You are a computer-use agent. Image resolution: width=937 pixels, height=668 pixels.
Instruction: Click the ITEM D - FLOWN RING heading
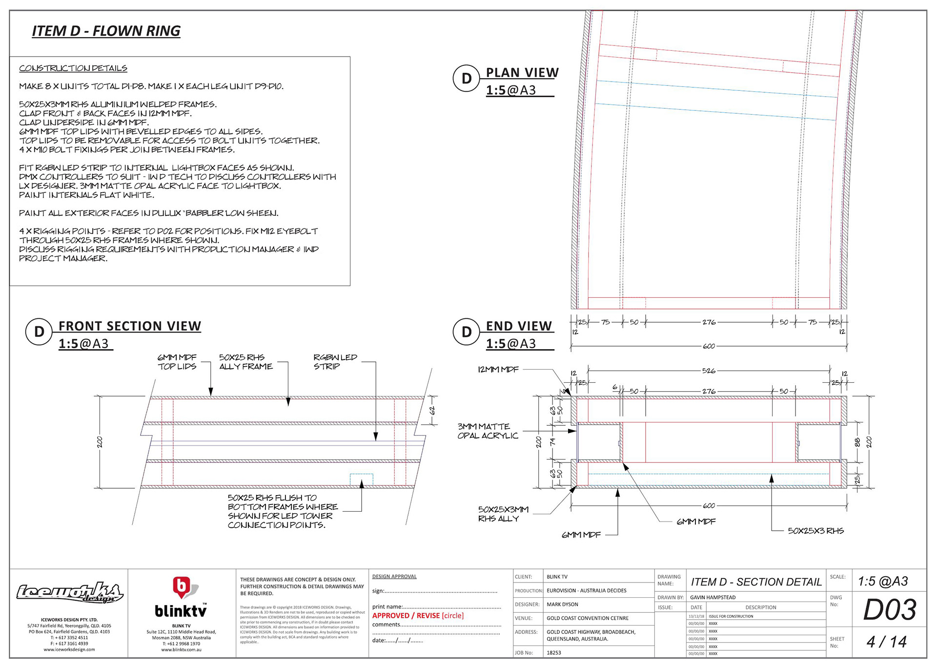[x=106, y=31]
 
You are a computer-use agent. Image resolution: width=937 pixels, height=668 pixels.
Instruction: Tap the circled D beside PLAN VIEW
[x=467, y=79]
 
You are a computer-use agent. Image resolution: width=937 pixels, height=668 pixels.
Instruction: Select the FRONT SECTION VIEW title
[x=130, y=326]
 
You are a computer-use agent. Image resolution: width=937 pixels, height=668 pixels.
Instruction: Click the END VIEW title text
[x=519, y=326]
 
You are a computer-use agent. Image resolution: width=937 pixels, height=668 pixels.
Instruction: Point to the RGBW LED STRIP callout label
[x=335, y=362]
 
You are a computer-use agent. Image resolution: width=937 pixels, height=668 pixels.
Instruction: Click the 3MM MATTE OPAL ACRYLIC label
[x=487, y=431]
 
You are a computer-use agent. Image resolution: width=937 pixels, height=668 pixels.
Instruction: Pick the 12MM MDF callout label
[x=498, y=370]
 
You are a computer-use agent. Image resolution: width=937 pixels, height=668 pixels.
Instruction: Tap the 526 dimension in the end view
[x=709, y=371]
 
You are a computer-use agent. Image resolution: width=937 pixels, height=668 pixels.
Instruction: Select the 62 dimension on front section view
[x=432, y=411]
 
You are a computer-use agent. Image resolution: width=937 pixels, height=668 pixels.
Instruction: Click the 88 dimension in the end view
[x=857, y=442]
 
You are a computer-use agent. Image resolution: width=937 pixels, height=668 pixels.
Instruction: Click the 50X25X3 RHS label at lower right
[x=815, y=531]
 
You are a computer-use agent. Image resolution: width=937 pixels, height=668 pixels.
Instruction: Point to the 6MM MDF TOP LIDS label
[x=177, y=362]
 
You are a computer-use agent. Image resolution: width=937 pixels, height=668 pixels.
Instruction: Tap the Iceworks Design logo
[x=69, y=593]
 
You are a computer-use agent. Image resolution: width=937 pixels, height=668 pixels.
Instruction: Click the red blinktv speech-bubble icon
[x=181, y=587]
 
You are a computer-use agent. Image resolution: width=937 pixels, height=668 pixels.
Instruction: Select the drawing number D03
[x=890, y=610]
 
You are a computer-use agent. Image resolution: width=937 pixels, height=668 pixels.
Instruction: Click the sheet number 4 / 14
[x=886, y=642]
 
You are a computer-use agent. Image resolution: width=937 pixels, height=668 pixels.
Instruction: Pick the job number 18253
[x=554, y=652]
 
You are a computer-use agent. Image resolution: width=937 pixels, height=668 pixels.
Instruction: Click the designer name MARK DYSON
[x=562, y=605]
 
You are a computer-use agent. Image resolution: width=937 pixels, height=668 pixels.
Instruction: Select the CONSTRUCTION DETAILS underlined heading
[x=73, y=68]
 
